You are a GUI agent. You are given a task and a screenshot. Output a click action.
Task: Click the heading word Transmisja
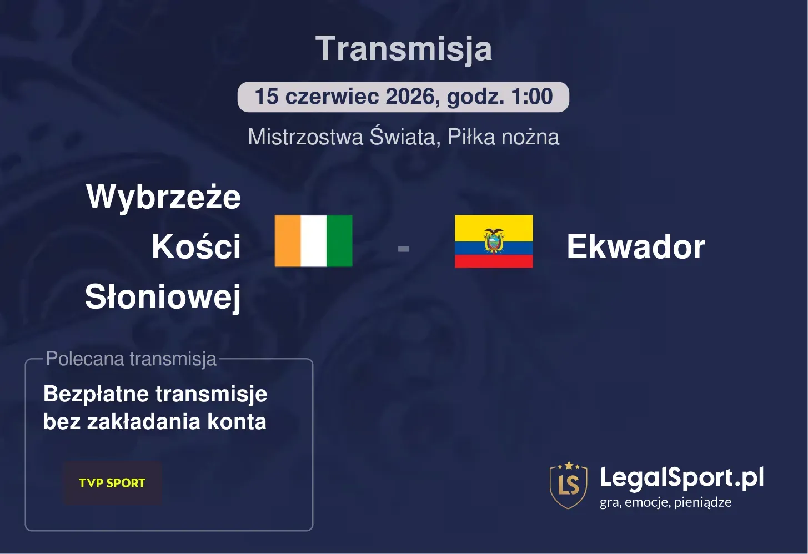[404, 49]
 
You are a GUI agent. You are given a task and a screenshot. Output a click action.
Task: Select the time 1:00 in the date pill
[532, 97]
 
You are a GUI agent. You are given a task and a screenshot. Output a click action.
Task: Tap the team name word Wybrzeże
[163, 197]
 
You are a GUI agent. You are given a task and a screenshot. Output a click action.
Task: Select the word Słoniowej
[163, 297]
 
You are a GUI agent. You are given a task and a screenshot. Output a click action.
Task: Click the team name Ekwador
[635, 247]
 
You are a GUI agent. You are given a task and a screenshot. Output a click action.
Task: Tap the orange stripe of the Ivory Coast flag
[288, 241]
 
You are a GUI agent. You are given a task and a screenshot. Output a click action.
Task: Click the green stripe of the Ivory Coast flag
[339, 241]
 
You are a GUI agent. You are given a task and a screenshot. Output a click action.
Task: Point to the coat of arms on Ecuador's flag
[494, 240]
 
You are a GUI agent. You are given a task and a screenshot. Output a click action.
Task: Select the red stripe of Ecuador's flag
[494, 261]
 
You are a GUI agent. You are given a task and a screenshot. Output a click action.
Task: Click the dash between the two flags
[404, 249]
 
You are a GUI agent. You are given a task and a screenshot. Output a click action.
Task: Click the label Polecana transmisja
[131, 359]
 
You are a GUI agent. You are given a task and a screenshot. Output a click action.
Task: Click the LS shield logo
[568, 485]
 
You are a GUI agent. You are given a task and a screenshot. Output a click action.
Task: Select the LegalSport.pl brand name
[681, 477]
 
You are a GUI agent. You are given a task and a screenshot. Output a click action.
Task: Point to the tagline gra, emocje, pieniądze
[665, 502]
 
